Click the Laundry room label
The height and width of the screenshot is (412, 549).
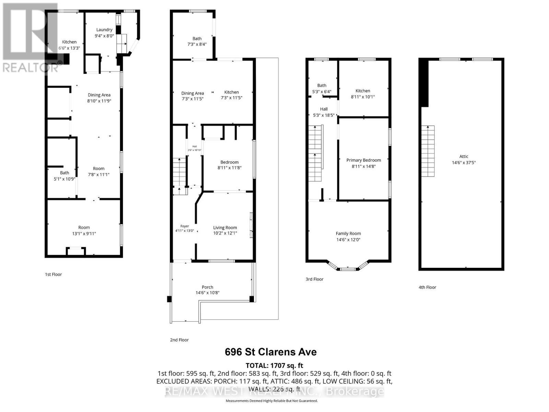[x=104, y=30]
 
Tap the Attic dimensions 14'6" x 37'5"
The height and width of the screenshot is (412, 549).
[x=464, y=163]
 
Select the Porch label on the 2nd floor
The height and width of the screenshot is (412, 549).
[x=207, y=287]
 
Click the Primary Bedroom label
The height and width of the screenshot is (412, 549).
[x=363, y=160]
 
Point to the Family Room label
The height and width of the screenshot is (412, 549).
[x=348, y=233]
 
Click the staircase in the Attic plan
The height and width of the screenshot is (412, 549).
[x=428, y=151]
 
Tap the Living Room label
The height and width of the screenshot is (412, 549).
[x=225, y=227]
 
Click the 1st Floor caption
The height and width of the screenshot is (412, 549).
[x=53, y=274]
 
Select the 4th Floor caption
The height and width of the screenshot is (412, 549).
[x=427, y=287]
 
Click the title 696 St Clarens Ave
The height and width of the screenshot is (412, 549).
[x=270, y=352]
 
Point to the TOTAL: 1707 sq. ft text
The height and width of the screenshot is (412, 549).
[x=274, y=365]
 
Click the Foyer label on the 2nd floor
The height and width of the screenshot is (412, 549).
[x=185, y=226]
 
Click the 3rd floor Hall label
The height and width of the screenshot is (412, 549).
[x=324, y=109]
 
